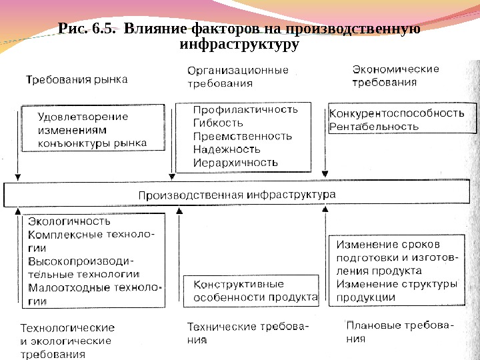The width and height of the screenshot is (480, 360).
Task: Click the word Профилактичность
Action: [245, 109]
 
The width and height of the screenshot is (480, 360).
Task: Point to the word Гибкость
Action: [217, 123]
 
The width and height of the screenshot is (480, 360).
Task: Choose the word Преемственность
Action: [242, 136]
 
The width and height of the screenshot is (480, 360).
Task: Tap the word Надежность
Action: [226, 149]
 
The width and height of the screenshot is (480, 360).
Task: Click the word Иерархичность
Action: [235, 162]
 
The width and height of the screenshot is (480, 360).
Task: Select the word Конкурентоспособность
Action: [397, 113]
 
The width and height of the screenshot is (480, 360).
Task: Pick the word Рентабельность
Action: [375, 126]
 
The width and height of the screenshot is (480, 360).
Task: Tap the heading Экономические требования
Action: [395, 76]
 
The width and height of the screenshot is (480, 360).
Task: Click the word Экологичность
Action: [69, 221]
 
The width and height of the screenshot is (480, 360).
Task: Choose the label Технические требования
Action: [247, 333]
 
